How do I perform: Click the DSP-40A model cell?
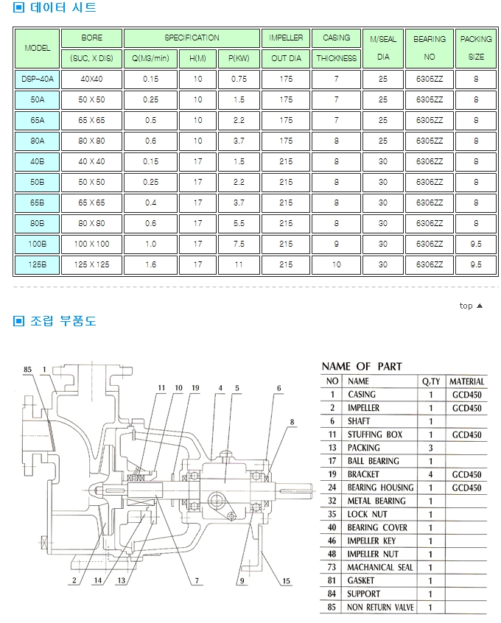point(37,79)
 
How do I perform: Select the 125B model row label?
point(37,264)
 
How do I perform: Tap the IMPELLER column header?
point(286,38)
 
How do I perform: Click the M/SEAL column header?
point(383,39)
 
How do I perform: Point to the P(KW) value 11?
point(239,264)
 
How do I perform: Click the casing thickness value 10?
point(336,264)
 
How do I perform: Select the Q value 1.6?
point(150,264)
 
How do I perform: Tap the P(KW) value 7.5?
point(239,244)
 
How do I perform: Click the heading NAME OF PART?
point(362,366)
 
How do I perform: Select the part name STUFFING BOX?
point(375,434)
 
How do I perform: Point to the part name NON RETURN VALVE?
point(380,608)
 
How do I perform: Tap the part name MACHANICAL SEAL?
point(380,567)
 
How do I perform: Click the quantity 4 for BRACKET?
point(430,474)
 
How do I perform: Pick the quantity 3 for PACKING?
point(430,448)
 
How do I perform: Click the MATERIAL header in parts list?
point(467,381)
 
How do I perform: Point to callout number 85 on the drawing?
point(28,370)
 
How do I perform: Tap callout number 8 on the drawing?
point(292,422)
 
